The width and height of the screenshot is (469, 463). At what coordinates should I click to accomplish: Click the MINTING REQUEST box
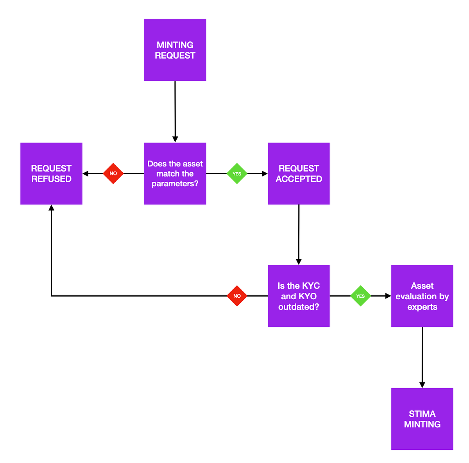[x=175, y=50]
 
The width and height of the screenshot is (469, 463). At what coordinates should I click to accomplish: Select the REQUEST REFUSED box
[x=51, y=173]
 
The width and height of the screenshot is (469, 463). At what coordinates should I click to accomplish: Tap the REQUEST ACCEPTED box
[x=299, y=173]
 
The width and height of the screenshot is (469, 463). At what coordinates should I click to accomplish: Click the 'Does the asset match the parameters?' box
[x=175, y=173]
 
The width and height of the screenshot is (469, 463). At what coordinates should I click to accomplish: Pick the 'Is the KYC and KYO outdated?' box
[x=299, y=296]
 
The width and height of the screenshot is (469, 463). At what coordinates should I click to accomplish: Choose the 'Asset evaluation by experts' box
[x=422, y=296]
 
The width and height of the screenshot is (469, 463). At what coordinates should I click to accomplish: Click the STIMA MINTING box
[x=422, y=419]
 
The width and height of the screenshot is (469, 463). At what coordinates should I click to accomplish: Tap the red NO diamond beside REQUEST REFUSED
[x=113, y=173]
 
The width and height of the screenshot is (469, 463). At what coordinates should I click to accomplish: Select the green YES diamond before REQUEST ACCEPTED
[x=237, y=173]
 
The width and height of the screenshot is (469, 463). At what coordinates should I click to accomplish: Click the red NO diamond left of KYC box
[x=237, y=296]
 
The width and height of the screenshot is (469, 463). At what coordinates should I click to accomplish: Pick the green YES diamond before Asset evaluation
[x=360, y=296]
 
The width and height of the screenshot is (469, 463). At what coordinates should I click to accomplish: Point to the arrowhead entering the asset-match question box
[x=175, y=139]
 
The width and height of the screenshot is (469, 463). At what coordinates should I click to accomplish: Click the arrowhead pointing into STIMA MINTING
[x=422, y=385]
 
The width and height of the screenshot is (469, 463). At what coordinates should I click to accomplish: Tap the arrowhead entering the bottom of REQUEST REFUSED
[x=51, y=208]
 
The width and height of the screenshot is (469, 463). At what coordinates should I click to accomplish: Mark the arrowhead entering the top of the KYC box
[x=299, y=262]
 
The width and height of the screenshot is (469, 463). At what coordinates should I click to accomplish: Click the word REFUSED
[x=51, y=179]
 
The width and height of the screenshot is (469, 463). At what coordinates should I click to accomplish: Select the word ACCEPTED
[x=299, y=179]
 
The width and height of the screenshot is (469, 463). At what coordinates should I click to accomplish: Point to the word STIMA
[x=422, y=414]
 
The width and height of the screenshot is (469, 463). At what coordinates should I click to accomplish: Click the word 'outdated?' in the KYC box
[x=299, y=307]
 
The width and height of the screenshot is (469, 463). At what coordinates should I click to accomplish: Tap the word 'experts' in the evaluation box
[x=422, y=307]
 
